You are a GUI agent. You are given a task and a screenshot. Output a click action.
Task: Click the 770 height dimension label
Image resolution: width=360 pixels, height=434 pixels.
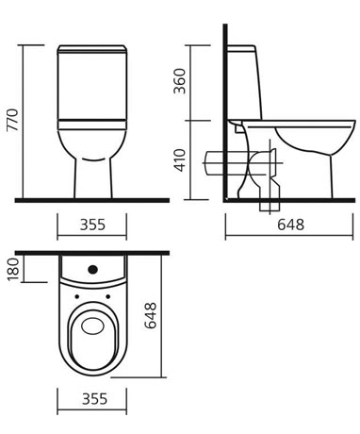(x=13, y=120)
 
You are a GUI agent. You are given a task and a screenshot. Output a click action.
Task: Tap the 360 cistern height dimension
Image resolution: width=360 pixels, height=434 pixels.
(x=180, y=81)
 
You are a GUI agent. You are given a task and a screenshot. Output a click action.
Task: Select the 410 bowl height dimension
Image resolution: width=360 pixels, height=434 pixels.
(x=180, y=160)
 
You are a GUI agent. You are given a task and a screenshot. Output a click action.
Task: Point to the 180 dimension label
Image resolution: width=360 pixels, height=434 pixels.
(x=13, y=270)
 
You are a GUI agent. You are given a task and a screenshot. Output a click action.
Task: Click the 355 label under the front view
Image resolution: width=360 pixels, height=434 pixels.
(x=92, y=225)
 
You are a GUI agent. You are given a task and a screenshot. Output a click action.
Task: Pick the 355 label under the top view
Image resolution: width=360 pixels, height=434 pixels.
(x=94, y=399)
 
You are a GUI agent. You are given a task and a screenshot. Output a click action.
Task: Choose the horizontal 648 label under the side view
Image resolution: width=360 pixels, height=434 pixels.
(x=290, y=225)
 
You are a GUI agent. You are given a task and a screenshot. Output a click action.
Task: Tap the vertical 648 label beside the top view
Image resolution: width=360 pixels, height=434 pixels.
(x=150, y=315)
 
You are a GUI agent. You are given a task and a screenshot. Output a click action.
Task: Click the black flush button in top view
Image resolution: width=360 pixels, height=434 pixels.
(x=93, y=269)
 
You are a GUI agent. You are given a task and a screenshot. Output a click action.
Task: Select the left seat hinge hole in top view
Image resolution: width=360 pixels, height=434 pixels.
(x=76, y=296)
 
